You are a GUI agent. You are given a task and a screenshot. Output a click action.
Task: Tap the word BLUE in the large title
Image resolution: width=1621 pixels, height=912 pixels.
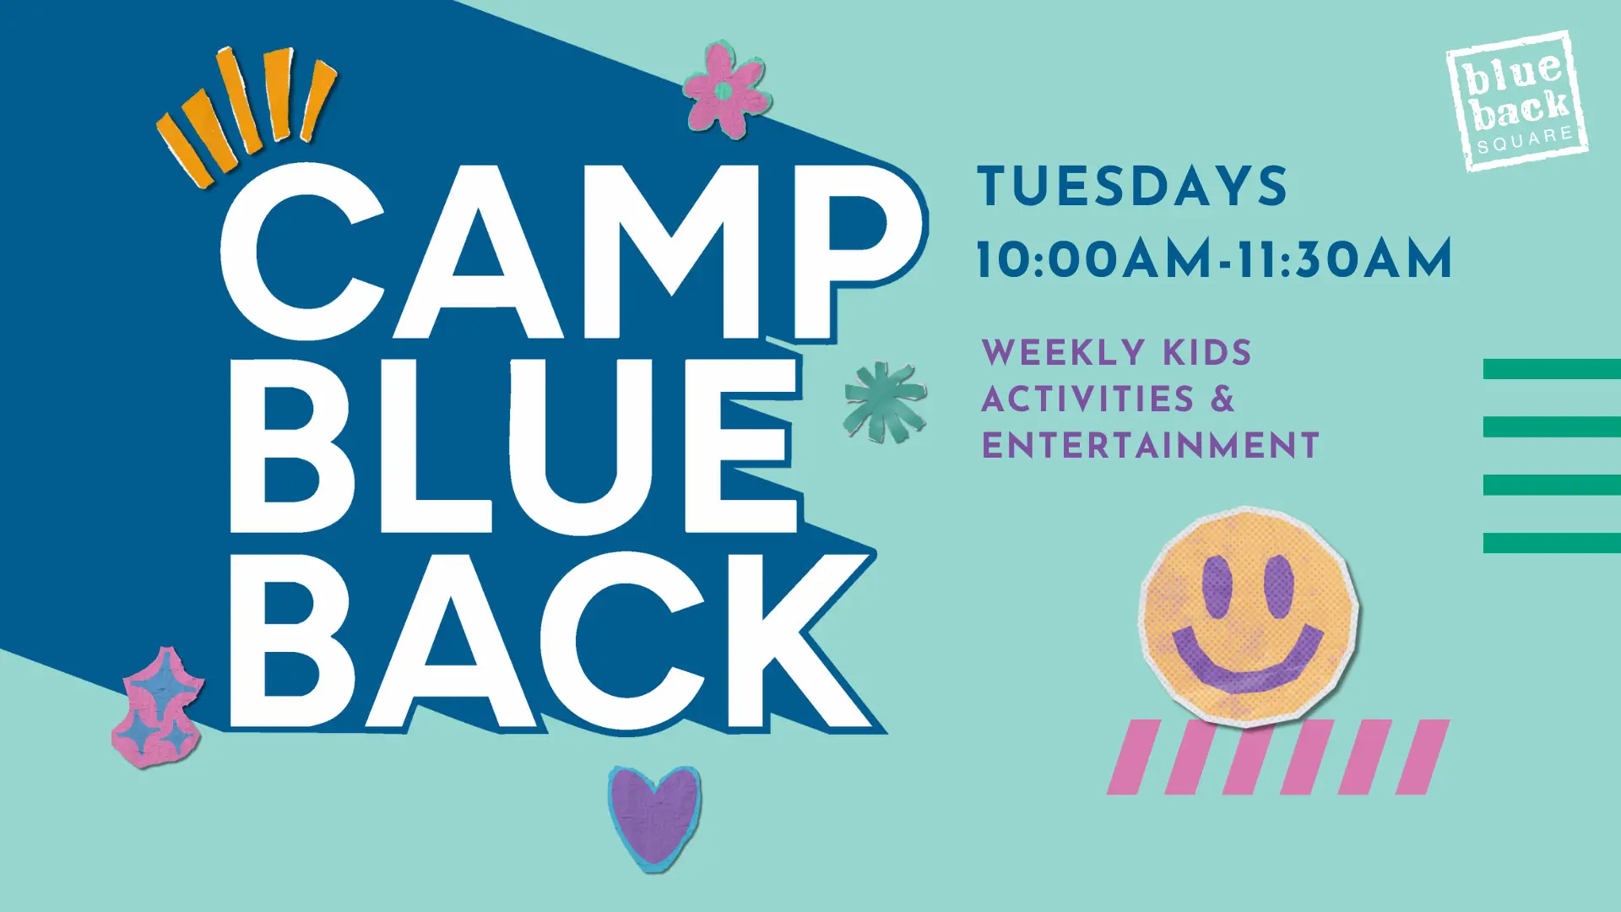coord(513,446)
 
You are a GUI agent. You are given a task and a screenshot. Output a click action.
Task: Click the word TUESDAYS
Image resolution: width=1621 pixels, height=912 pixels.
coord(1132,187)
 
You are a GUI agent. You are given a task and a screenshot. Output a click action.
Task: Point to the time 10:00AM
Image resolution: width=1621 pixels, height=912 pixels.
coord(1095,258)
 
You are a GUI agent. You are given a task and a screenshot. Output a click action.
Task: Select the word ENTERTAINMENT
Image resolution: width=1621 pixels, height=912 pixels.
coord(1151,445)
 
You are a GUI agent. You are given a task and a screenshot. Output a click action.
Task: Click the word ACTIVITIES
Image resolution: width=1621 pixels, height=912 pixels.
coord(1088,399)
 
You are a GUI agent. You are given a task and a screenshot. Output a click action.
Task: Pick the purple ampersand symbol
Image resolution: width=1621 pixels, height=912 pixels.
coord(1223,399)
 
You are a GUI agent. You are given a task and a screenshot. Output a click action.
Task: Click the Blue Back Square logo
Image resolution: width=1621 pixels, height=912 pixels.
coord(1518,101)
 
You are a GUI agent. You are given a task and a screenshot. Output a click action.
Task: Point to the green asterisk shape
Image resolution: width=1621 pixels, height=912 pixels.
coord(885,402)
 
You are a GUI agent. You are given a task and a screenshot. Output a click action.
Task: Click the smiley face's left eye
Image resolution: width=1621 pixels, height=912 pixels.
coord(1217,586)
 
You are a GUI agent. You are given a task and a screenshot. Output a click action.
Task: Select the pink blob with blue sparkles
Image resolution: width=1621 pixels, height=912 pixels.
coord(158,708)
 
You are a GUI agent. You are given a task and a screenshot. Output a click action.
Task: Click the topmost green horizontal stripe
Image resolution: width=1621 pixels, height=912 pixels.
coord(1552,369)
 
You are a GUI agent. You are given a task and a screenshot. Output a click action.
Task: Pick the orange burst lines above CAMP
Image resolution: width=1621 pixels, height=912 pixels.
coord(247,114)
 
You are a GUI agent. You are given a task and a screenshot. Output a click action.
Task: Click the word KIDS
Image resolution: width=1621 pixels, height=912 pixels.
coord(1207,353)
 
